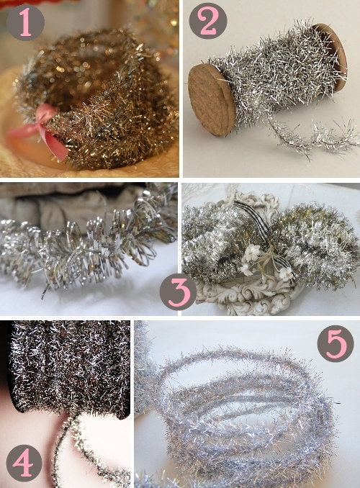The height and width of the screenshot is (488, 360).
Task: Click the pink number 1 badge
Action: [25, 22]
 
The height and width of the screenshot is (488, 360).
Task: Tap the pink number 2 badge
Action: [208, 21]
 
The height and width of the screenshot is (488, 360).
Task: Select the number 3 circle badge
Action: [178, 292]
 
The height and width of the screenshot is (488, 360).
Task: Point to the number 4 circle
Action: [24, 463]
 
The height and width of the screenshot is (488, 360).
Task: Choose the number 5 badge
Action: [336, 343]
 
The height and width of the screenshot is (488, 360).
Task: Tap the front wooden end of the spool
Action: [211, 99]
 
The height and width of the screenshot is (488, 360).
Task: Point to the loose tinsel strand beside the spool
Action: [312, 137]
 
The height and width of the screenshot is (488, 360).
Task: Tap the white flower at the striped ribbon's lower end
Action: [286, 274]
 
